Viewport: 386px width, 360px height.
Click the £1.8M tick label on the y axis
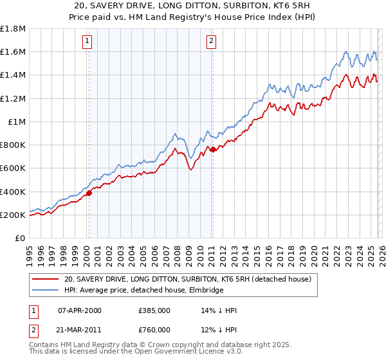point(13,29)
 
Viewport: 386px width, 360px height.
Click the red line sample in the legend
point(45,280)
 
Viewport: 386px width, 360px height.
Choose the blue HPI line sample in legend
point(45,291)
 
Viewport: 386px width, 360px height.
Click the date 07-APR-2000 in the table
point(79,310)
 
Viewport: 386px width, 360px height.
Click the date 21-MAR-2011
point(79,330)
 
